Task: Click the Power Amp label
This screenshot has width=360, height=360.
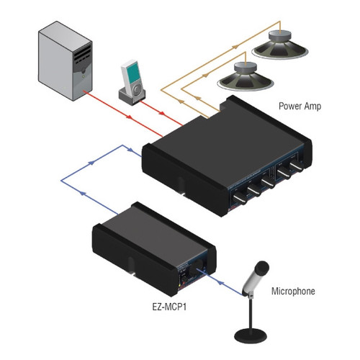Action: point(300,106)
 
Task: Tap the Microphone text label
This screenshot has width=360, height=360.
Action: point(293,291)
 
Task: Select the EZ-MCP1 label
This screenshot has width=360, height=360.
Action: point(169,307)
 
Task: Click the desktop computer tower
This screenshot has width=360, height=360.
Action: point(65,61)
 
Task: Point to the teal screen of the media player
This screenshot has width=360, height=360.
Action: point(132,72)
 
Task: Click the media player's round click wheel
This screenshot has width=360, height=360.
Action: point(137,89)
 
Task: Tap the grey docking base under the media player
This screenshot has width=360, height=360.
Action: point(132,96)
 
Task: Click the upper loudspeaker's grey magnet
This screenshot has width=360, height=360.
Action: point(280,37)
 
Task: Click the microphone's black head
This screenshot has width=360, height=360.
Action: point(262,268)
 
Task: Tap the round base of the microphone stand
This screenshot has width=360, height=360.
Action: point(251,335)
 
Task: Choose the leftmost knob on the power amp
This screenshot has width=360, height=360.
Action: point(239,199)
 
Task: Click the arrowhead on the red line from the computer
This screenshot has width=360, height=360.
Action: point(129,117)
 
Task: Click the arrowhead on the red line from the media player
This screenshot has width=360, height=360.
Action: point(162,113)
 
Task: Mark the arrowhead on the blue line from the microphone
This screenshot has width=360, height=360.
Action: point(220,282)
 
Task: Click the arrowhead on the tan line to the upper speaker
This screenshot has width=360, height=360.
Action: point(235,47)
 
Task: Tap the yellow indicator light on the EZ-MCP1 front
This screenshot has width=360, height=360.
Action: point(179,285)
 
